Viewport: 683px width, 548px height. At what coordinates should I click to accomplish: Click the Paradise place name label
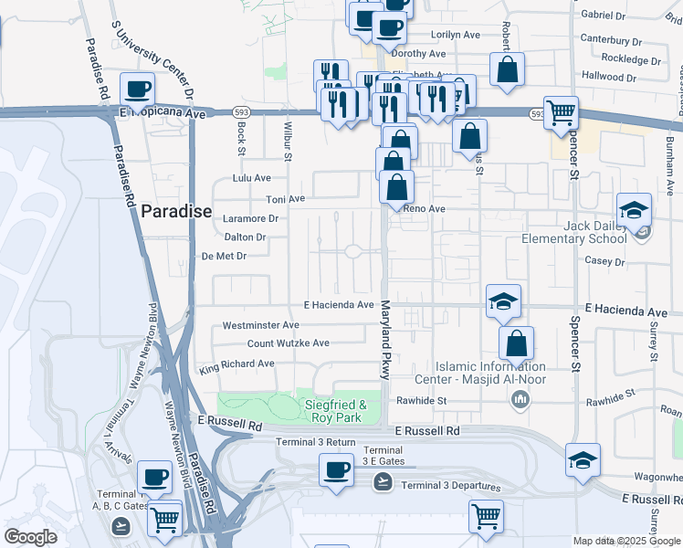pos(176,212)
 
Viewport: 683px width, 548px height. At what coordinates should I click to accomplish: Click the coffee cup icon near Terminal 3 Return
pos(336,470)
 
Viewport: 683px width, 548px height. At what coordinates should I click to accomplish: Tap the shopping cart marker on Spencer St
pos(561,113)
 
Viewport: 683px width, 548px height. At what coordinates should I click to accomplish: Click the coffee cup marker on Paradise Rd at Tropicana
pos(137,89)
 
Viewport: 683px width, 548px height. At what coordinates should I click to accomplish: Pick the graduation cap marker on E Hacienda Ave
pos(502,301)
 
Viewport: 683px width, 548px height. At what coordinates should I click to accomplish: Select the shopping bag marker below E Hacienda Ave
pos(516,344)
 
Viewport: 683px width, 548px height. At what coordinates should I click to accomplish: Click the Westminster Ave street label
pos(260,325)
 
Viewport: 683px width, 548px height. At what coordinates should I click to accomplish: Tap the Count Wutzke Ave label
pos(289,343)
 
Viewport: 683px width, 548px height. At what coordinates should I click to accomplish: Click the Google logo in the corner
pos(30,537)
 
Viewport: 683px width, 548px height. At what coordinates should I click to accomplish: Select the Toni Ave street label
pos(285,198)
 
